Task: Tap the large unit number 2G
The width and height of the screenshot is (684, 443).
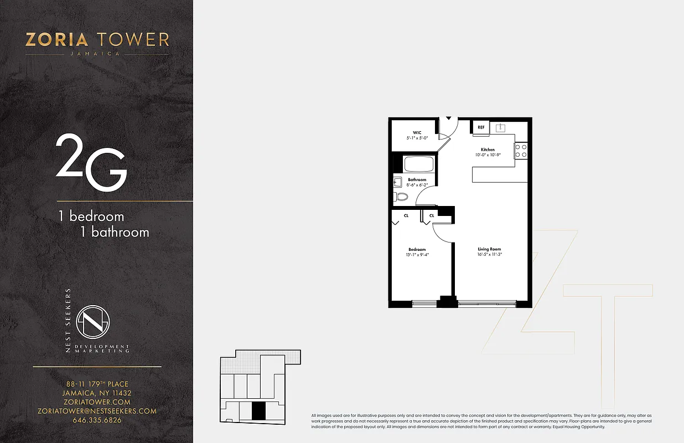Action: tap(91, 164)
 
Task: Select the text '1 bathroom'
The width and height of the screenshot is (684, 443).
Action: tap(115, 231)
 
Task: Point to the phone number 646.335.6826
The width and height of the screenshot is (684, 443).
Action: tap(97, 420)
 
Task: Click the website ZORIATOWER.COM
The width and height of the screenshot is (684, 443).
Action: tap(97, 402)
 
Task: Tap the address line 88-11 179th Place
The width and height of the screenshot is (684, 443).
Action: tap(97, 384)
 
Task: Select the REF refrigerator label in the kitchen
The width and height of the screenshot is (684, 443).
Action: tap(481, 127)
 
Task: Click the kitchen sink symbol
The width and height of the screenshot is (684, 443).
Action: tap(500, 128)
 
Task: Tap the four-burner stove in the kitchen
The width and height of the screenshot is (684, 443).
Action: tap(521, 151)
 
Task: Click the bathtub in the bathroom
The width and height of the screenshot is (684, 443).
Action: tap(419, 164)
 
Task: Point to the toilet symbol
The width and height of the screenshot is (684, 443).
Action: tap(401, 197)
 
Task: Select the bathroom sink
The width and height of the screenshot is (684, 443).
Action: tap(397, 182)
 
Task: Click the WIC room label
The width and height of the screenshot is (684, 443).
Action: tap(417, 132)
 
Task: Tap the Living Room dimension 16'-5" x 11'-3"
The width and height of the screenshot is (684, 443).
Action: tap(490, 254)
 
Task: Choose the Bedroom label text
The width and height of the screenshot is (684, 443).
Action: tap(417, 249)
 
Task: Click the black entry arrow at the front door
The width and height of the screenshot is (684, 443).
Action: tap(449, 119)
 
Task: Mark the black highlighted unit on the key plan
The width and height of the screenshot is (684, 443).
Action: tap(258, 411)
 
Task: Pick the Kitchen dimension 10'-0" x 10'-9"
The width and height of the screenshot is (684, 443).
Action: tap(488, 155)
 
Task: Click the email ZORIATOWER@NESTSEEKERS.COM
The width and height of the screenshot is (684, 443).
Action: tap(97, 411)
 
